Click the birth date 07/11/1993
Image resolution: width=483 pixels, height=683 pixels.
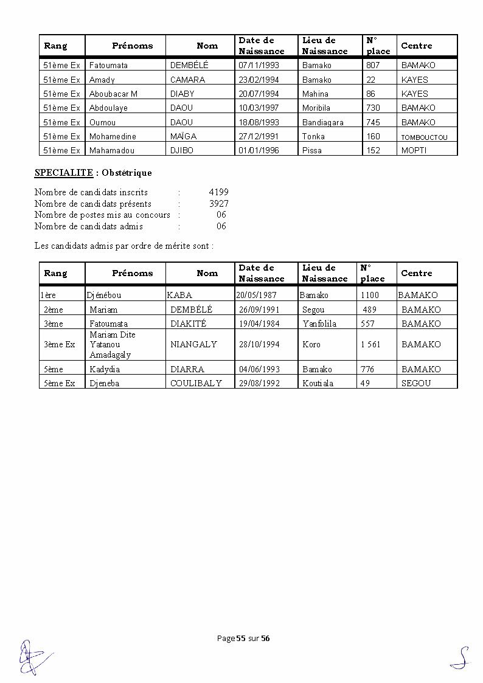click(x=259, y=65)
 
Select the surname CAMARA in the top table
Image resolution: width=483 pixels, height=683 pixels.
click(x=187, y=80)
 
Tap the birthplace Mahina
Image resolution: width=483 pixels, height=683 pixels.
click(x=315, y=94)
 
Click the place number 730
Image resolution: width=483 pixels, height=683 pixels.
click(x=373, y=108)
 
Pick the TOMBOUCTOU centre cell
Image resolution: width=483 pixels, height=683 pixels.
click(x=424, y=137)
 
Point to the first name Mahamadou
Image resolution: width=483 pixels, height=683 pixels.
click(x=112, y=150)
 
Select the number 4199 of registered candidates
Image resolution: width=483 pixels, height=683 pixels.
click(x=218, y=192)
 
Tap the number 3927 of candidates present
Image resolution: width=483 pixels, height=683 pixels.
click(x=218, y=204)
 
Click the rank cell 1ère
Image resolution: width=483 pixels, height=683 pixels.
click(x=48, y=295)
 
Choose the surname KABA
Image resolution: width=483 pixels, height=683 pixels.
click(x=179, y=295)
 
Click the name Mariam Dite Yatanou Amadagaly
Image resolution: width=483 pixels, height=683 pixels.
click(x=113, y=344)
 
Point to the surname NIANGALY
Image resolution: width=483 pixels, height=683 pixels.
click(x=193, y=344)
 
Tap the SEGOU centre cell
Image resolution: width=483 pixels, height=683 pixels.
click(x=415, y=383)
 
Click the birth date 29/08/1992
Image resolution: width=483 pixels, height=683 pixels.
click(x=259, y=383)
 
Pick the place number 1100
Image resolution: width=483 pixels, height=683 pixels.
click(x=369, y=295)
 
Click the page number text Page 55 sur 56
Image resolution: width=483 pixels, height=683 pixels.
click(x=243, y=638)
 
